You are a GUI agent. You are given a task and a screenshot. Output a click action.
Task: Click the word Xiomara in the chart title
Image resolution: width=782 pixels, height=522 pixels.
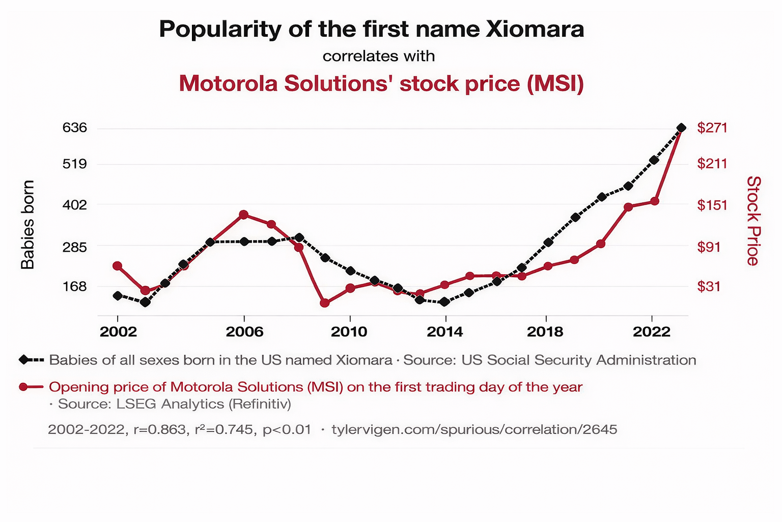click(535, 30)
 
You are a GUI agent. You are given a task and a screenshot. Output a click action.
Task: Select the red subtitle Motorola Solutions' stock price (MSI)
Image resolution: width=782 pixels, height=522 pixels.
click(381, 84)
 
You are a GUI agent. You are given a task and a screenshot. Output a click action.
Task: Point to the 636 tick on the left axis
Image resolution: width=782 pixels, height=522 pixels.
click(75, 127)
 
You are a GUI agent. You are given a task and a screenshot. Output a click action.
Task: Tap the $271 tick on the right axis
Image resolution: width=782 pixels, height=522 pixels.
click(712, 127)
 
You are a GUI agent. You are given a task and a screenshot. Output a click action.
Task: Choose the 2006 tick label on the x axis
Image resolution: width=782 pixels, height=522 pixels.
click(244, 332)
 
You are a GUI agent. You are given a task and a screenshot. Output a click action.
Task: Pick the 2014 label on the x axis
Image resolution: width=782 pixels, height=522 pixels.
click(444, 332)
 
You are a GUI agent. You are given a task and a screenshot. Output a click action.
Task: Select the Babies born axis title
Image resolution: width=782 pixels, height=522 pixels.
click(27, 224)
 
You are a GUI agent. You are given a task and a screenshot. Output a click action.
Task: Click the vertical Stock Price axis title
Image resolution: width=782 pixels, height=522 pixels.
click(753, 221)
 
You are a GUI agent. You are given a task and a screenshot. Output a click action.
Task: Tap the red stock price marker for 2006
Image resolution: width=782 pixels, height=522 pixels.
click(244, 215)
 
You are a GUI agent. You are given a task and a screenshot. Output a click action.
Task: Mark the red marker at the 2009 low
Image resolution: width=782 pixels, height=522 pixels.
click(325, 303)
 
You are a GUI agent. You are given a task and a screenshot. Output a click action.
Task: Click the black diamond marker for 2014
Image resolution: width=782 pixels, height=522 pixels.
click(444, 302)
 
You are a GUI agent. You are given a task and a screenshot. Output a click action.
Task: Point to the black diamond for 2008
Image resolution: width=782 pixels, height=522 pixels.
click(299, 238)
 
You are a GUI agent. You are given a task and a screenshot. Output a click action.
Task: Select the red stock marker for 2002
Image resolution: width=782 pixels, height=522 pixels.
click(117, 266)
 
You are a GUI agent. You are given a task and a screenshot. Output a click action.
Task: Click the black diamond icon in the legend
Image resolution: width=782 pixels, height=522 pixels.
click(23, 360)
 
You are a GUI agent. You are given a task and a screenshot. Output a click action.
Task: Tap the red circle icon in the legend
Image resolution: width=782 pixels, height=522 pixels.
click(23, 387)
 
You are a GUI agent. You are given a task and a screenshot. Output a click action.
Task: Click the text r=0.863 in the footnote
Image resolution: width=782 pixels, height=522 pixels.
click(159, 429)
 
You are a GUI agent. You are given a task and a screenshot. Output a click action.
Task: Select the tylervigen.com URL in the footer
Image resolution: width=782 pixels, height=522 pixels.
click(474, 429)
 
